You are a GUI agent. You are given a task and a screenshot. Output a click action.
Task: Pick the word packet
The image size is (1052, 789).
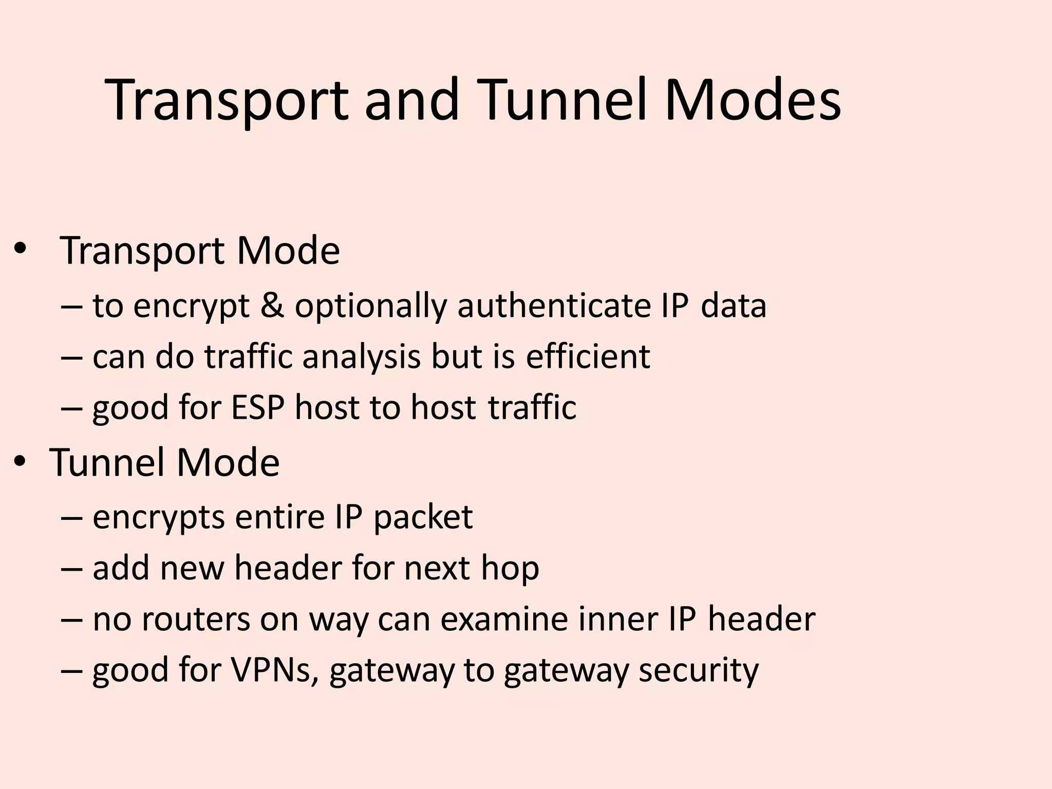click(423, 518)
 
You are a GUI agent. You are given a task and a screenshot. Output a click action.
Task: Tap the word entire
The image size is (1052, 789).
click(280, 517)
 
